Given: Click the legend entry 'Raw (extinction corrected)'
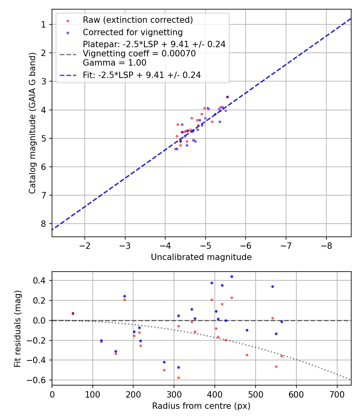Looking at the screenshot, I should tap(138, 20).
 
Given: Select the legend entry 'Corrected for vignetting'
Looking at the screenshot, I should tap(132, 32).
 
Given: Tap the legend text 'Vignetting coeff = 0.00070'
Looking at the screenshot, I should tap(139, 54).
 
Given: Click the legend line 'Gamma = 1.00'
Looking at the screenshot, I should tap(114, 63).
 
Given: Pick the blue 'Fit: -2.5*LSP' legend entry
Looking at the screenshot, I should tap(142, 75).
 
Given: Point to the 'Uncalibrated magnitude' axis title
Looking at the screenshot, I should tap(201, 257).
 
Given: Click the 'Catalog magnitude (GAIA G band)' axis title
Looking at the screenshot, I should tap(33, 123).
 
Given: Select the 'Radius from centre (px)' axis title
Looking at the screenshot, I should tap(201, 406).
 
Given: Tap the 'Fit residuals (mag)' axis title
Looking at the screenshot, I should tap(18, 328).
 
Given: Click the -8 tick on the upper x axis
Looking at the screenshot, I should tap(326, 245).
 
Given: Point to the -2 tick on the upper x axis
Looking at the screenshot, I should tap(84, 245).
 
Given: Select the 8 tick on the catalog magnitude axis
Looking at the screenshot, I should tap(44, 224).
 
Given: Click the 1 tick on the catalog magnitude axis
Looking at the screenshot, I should tap(44, 24).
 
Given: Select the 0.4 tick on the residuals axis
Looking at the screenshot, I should tap(39, 280).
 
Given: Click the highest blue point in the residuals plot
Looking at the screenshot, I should tap(232, 276).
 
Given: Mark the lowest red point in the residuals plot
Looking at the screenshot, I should tap(178, 378).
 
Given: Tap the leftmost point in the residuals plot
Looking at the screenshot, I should tap(73, 314).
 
